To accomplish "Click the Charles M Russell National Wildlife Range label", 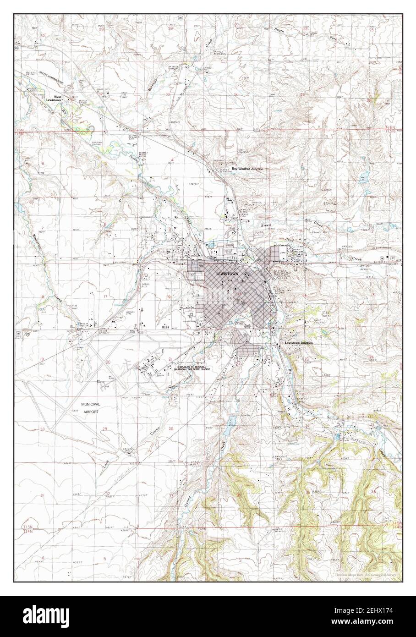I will point(194,368).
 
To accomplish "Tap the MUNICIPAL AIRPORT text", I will point(91,408).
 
